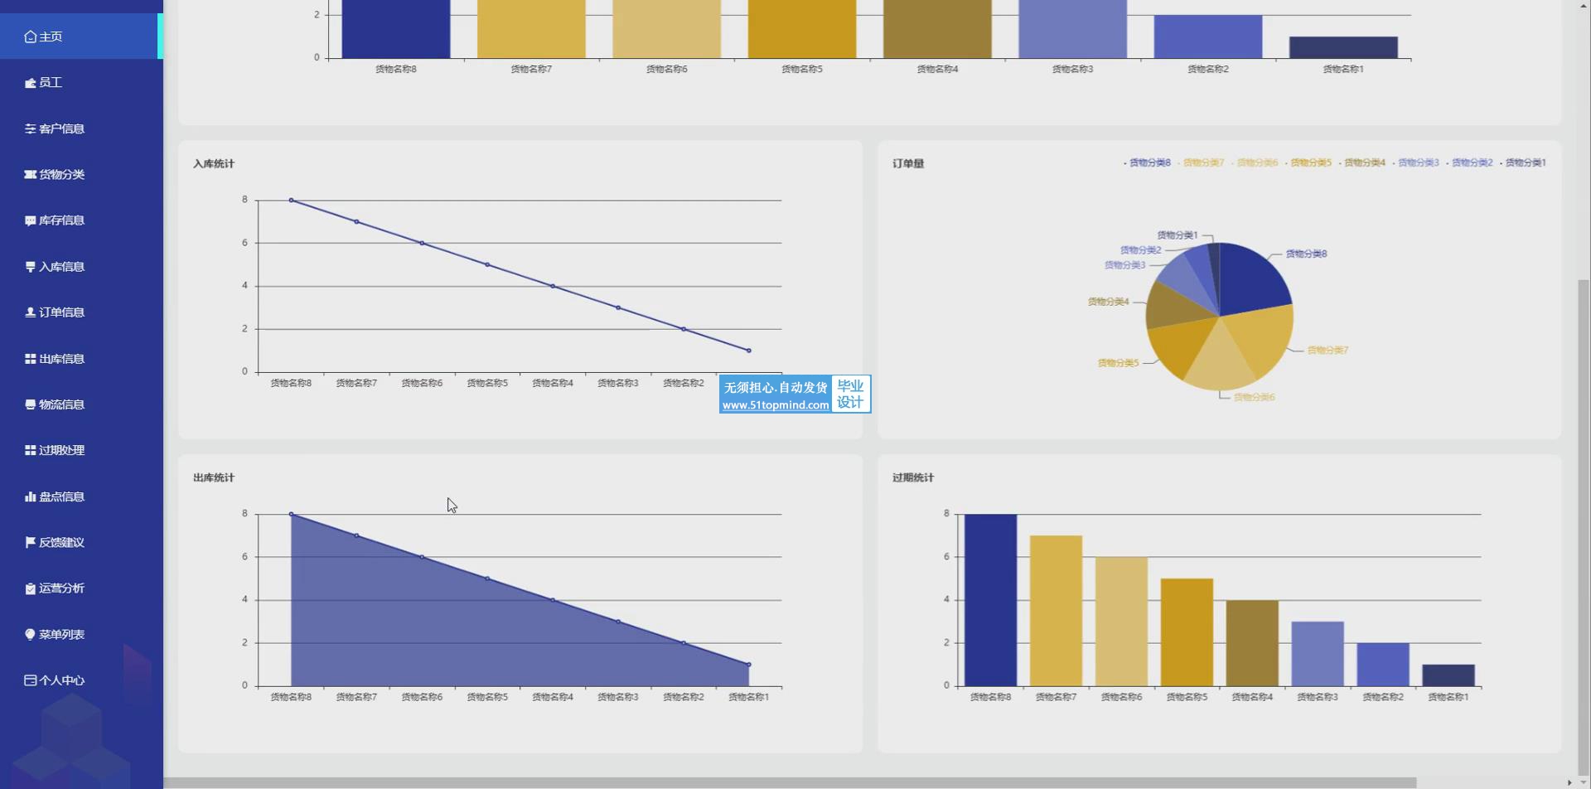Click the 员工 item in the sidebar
[50, 83]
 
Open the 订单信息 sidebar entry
[60, 312]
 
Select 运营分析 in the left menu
[60, 588]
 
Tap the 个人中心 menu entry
[60, 680]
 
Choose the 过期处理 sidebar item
[60, 450]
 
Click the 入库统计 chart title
[214, 164]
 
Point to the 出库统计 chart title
[214, 478]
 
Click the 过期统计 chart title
[913, 478]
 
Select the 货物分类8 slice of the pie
[1253, 278]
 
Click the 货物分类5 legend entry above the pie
[1310, 163]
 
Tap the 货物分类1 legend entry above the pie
[1525, 163]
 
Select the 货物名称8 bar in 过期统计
[990, 601]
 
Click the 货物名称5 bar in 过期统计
[1187, 632]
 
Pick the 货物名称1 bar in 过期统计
[1448, 675]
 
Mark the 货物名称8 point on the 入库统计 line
[291, 201]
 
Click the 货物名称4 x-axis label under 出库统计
[553, 698]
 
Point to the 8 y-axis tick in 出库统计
[244, 514]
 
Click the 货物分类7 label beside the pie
[1327, 351]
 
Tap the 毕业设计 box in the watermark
[850, 394]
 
